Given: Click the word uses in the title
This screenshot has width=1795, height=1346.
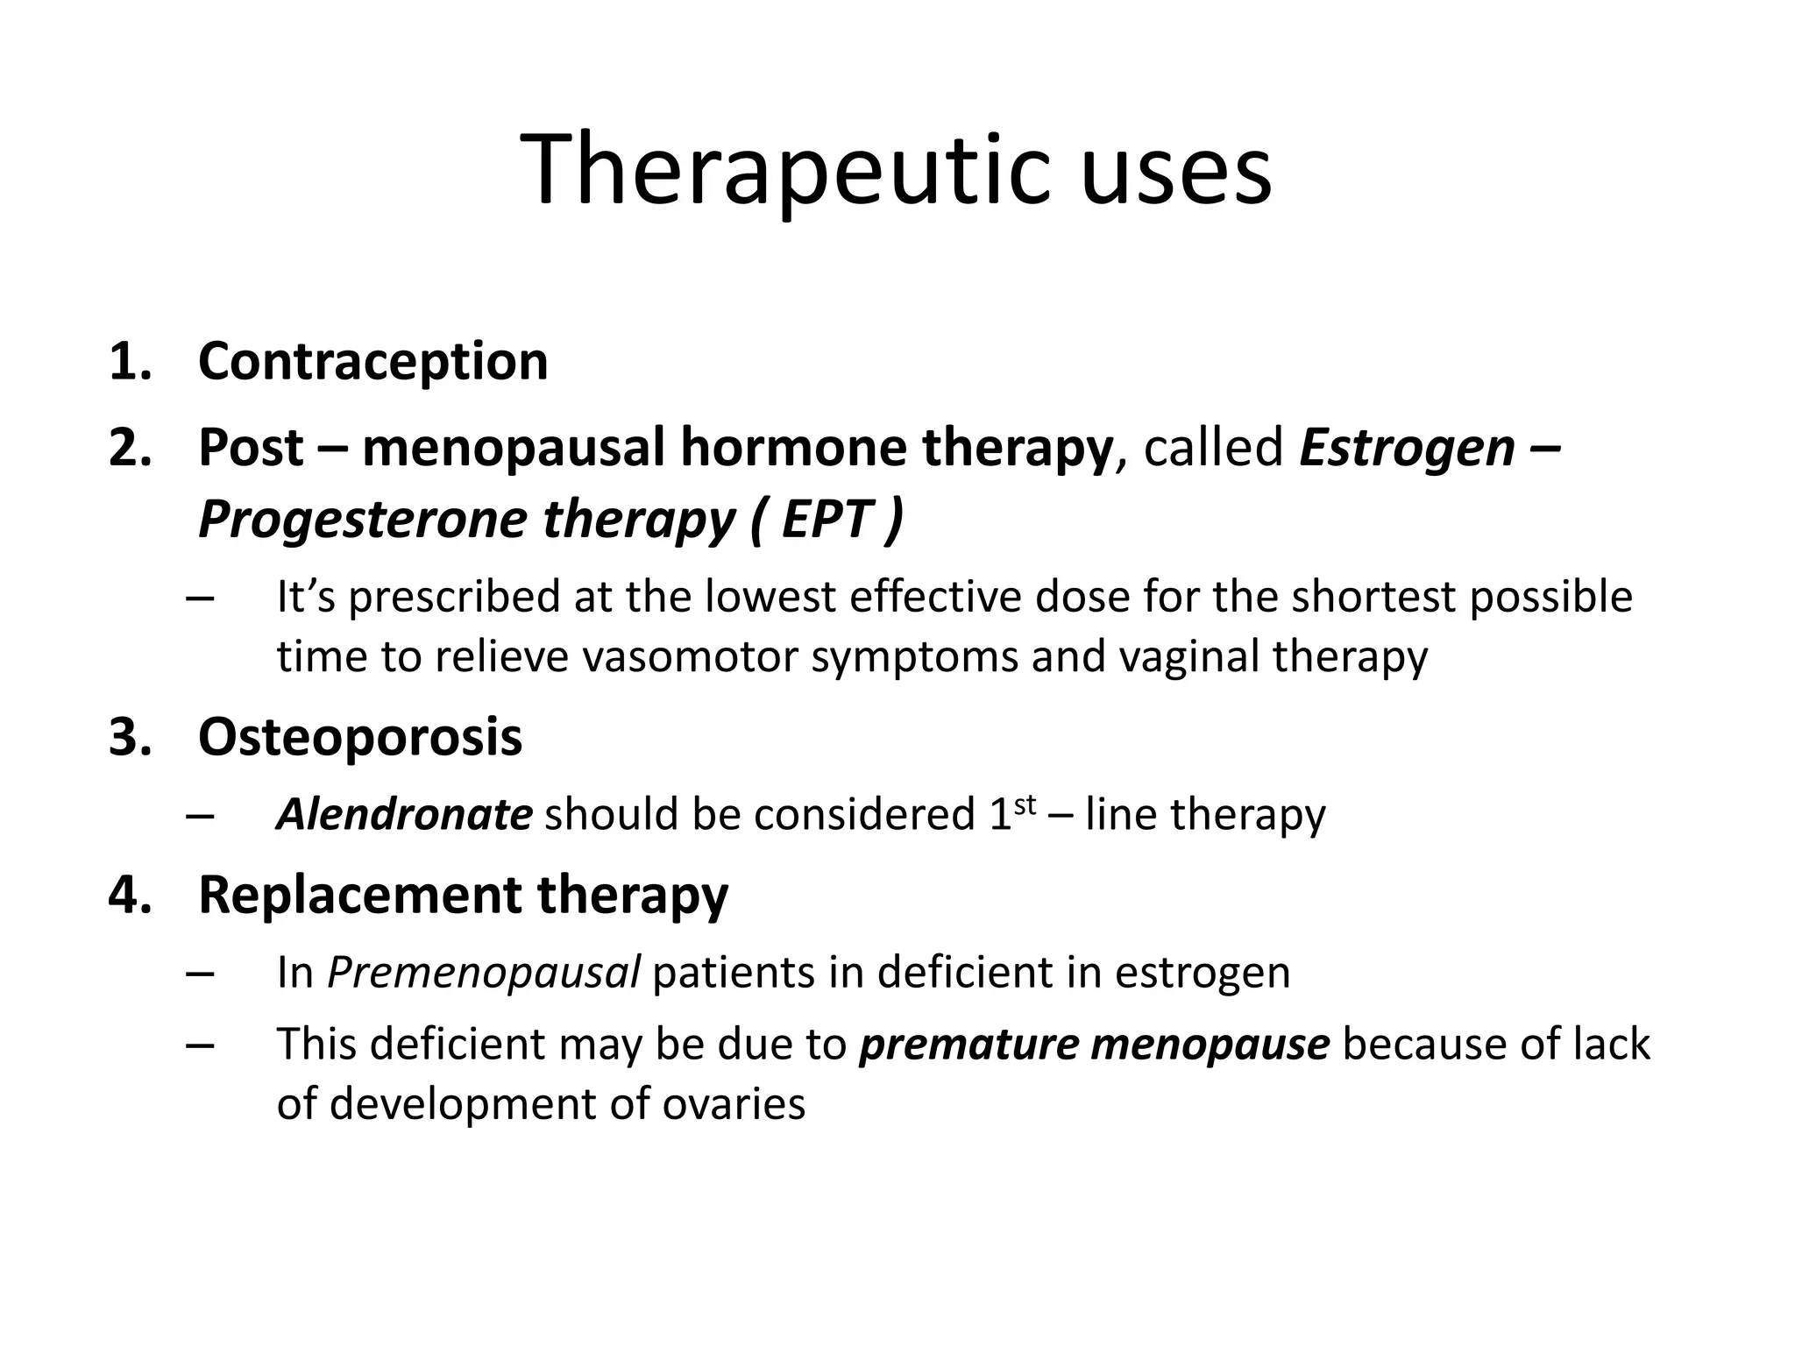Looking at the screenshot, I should coord(1176,171).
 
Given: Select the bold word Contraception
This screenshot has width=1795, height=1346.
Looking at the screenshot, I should coord(373,361).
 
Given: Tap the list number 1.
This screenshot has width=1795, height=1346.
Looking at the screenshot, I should coord(130,361).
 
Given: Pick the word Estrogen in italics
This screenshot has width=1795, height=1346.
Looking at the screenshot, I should coord(1408,448).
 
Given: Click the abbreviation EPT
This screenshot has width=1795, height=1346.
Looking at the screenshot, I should coord(827,519).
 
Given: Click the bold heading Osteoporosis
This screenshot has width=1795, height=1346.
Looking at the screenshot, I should coord(360,737).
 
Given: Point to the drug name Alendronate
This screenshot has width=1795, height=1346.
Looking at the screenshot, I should coord(404,814).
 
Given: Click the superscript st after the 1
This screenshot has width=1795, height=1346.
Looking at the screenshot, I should coord(1025,804).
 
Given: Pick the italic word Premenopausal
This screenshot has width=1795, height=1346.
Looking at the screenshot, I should coord(483,973).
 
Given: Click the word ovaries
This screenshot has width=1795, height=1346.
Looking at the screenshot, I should coord(734,1103).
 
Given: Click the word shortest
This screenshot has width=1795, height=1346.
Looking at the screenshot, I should coord(1373,597).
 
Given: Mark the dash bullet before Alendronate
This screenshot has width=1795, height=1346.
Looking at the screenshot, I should coord(200,816).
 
